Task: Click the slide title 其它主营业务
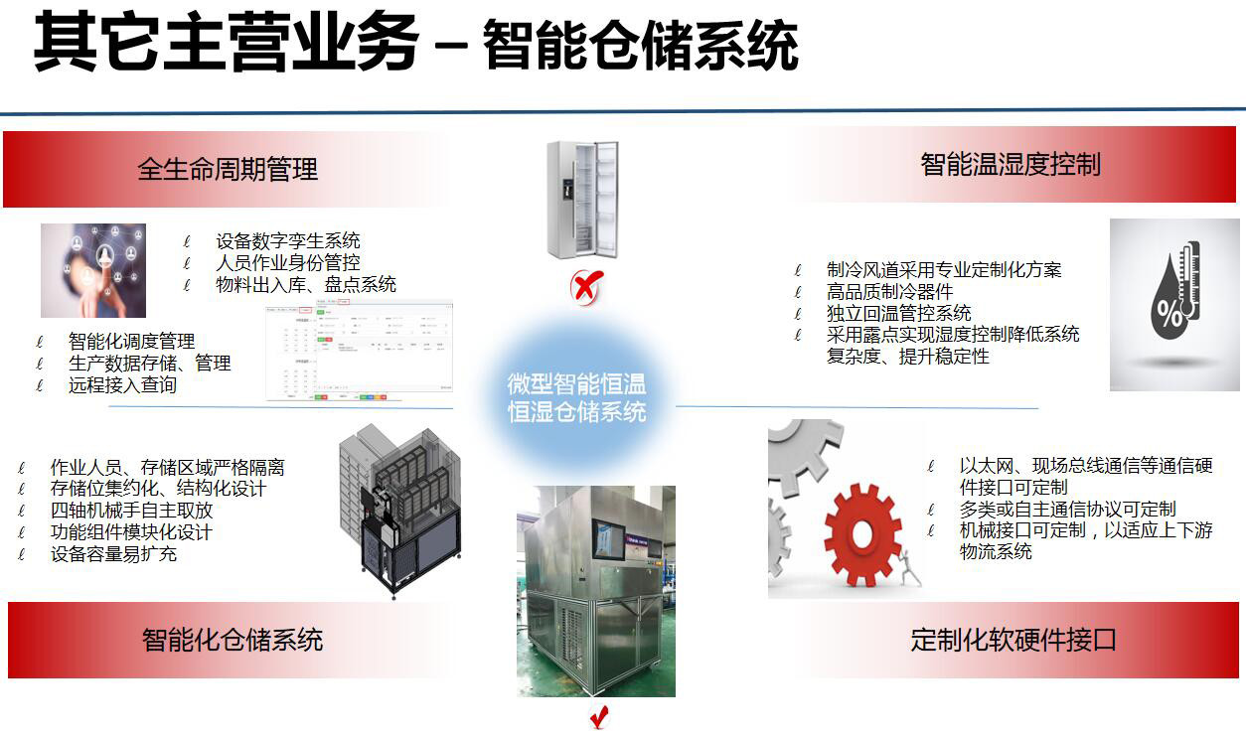(226, 45)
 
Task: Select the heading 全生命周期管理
(228, 169)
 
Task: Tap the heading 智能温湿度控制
(1011, 164)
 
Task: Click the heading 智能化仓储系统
(233, 640)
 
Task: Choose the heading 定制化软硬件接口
(1013, 640)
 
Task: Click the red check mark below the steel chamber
(598, 716)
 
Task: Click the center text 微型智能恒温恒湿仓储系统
(576, 397)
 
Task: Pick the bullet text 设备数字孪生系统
(288, 240)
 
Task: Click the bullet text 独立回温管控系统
(899, 313)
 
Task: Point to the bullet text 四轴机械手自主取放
(131, 511)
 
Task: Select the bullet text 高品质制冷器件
(889, 291)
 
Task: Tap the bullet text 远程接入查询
(122, 385)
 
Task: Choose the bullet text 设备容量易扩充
(113, 554)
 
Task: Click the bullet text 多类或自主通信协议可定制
(1067, 509)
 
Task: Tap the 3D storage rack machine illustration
(399, 511)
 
